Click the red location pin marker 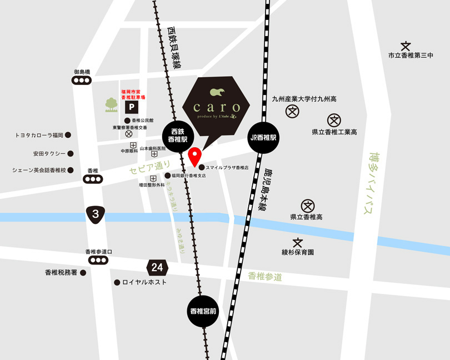coord(195,156)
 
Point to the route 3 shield coord(96,213)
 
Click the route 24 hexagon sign coord(157,268)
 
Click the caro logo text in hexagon coord(217,107)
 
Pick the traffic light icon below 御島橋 coord(82,81)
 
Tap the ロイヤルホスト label coord(144,282)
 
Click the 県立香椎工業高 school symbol coord(334,120)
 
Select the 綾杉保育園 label coord(298,252)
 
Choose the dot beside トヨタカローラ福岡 coord(68,134)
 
